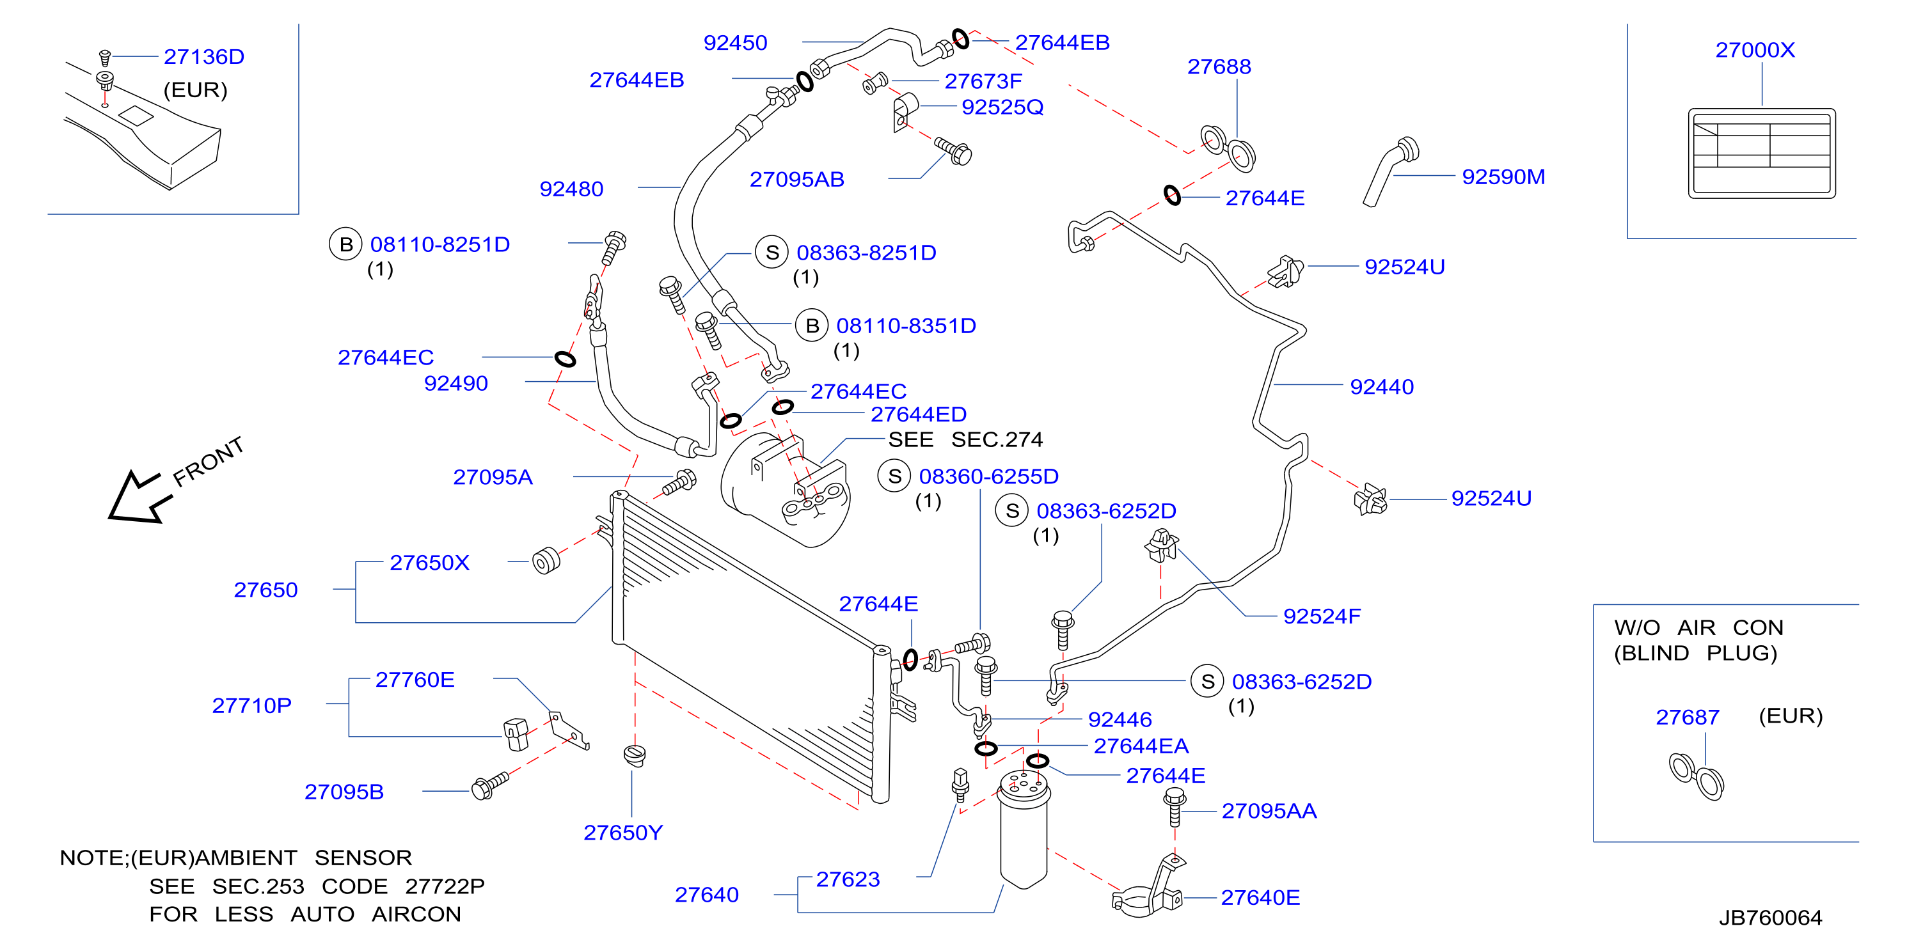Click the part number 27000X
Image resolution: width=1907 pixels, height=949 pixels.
1755,50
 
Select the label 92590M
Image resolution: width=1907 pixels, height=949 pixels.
1503,177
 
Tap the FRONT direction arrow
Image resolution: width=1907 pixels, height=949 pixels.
138,497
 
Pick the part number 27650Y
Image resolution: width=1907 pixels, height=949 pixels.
622,833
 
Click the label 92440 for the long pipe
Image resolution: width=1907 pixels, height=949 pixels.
1381,386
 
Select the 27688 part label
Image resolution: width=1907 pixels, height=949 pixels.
1219,67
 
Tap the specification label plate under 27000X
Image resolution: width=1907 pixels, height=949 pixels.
1761,153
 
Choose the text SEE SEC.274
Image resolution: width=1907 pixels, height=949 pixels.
965,440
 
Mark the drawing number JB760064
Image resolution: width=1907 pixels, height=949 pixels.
1770,918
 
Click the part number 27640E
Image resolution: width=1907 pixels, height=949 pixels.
1260,898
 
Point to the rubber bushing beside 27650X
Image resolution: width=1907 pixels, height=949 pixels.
546,560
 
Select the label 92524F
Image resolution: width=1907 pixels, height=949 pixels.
1322,616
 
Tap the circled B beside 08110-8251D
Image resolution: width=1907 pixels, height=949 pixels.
345,244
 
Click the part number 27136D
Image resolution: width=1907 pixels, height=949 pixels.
203,57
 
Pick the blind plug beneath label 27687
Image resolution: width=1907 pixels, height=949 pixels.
1696,776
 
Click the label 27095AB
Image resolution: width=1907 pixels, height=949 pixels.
796,179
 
